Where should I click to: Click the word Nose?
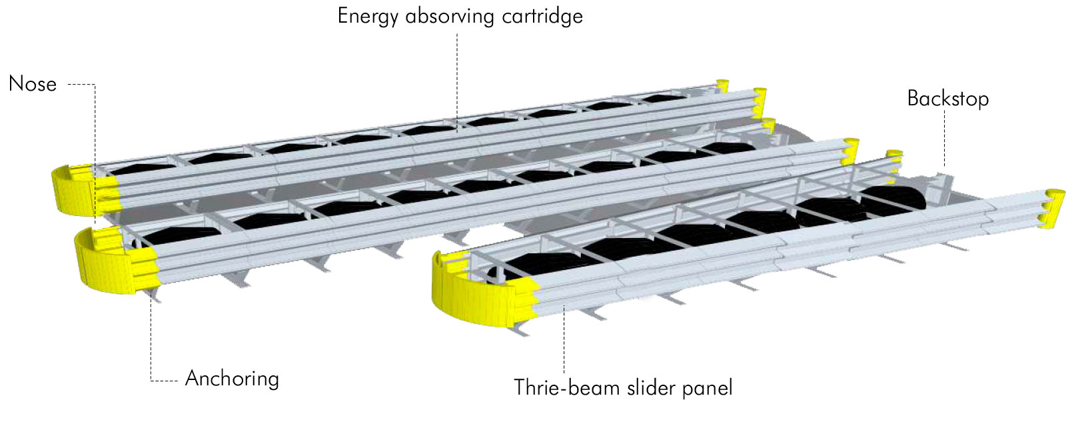[33, 84]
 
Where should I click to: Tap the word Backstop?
[947, 99]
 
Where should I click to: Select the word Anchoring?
[232, 379]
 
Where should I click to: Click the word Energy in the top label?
[369, 16]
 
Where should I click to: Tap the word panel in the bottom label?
[708, 388]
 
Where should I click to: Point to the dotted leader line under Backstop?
[945, 137]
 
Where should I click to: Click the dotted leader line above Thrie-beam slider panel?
[564, 340]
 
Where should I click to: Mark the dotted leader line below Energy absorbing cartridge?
[457, 73]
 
